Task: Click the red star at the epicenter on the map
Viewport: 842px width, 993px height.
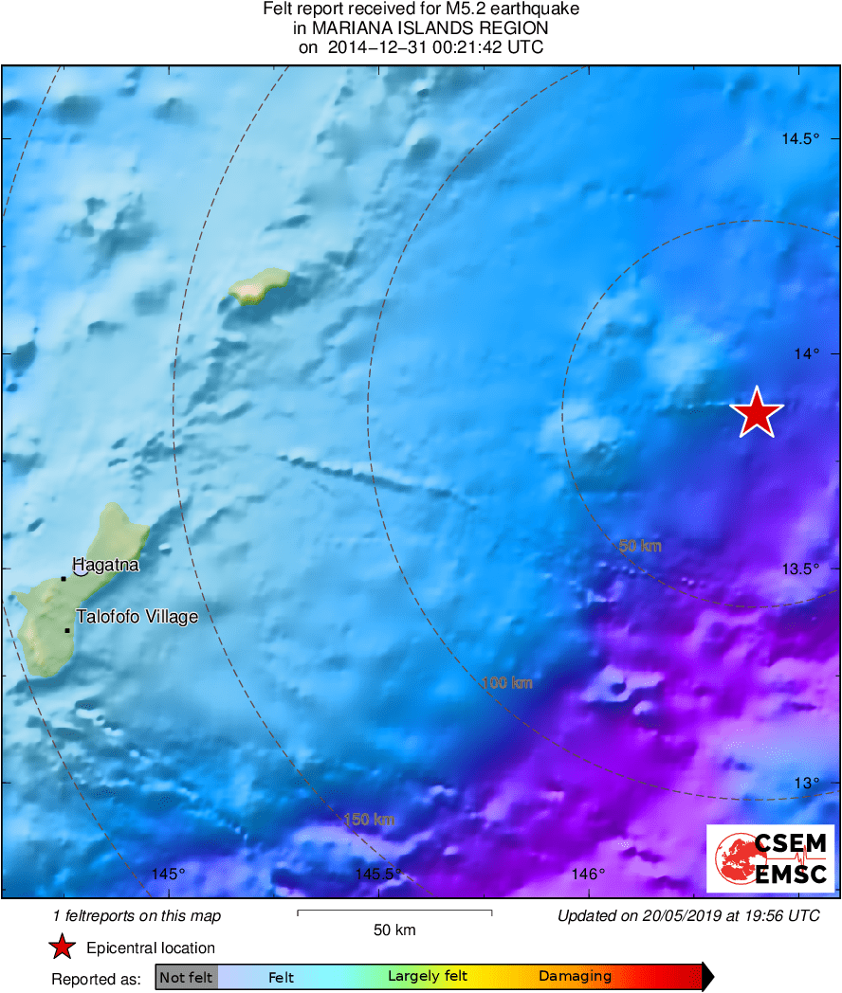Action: coord(757,413)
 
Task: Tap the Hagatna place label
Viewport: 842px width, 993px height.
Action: coord(105,566)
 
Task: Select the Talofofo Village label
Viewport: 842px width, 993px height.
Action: coord(137,617)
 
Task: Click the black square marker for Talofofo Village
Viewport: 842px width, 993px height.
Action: coord(67,630)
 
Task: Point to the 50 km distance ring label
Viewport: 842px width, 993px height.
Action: coord(640,546)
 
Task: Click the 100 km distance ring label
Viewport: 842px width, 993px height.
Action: coord(507,682)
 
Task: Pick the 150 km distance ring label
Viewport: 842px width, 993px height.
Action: coord(369,820)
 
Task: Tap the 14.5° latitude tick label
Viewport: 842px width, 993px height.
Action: coord(800,139)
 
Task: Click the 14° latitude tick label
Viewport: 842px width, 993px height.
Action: coord(807,353)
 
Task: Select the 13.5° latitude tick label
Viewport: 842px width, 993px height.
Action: coord(800,569)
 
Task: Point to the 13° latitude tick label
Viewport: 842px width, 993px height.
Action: coord(807,783)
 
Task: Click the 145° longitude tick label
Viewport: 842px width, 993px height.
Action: coord(169,874)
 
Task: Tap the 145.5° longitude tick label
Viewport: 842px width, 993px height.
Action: coord(378,874)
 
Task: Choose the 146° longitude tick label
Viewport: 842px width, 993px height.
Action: coord(589,874)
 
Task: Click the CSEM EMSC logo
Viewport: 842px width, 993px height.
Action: coord(770,858)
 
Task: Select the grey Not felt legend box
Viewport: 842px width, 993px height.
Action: coord(186,977)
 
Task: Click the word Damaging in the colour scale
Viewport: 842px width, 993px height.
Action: coord(575,977)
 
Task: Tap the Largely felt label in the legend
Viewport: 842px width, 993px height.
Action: coord(428,977)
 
